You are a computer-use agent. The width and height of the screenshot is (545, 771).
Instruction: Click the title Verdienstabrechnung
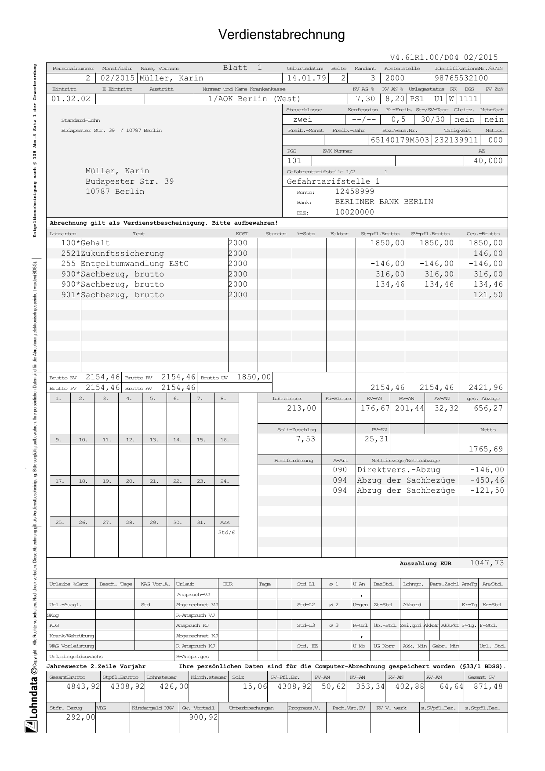point(281,35)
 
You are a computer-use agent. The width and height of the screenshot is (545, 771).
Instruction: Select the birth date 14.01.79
point(306,78)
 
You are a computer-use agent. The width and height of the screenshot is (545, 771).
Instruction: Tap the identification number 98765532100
point(461,78)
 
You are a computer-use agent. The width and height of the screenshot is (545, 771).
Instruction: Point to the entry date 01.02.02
point(71,99)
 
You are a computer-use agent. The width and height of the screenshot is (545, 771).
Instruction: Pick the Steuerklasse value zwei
point(302,120)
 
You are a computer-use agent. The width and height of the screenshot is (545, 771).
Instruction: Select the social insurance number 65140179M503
point(400,140)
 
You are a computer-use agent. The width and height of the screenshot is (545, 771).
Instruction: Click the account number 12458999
point(354,192)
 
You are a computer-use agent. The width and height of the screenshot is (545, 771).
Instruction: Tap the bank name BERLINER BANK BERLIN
point(384,202)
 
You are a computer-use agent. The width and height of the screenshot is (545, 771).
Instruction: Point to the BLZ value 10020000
point(354,212)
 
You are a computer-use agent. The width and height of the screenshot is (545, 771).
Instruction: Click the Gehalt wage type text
point(95,243)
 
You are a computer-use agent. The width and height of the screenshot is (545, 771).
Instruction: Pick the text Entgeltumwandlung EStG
point(134,264)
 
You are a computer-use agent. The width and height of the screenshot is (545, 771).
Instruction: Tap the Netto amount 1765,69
point(486,449)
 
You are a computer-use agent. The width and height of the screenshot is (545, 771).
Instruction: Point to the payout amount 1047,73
point(487,563)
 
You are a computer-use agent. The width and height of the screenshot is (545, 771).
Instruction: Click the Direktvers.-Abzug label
point(392,470)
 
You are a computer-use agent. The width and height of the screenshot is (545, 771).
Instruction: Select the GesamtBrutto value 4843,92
point(83,687)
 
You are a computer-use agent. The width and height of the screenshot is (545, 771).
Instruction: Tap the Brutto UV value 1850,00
point(254,377)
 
